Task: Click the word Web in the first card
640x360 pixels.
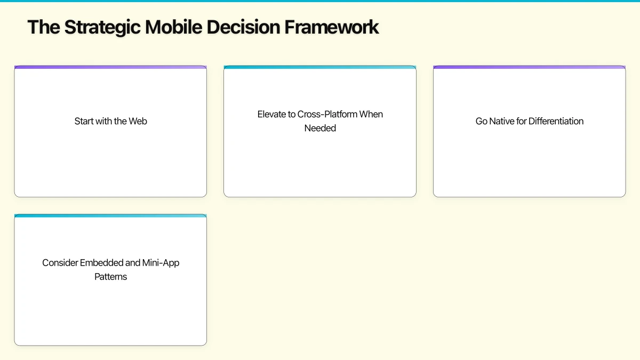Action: click(138, 121)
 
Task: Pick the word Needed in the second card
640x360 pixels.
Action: click(320, 128)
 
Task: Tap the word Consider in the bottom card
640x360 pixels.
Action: click(60, 263)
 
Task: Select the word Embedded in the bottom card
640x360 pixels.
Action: click(101, 263)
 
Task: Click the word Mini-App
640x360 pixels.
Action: click(161, 263)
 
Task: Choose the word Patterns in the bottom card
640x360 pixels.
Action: click(110, 277)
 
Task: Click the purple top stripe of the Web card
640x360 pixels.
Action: click(110, 67)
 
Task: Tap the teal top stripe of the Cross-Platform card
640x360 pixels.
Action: click(320, 67)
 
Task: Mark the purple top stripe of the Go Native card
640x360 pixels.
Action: click(529, 67)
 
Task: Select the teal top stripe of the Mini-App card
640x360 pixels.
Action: click(110, 215)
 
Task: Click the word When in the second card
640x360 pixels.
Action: click(371, 114)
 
